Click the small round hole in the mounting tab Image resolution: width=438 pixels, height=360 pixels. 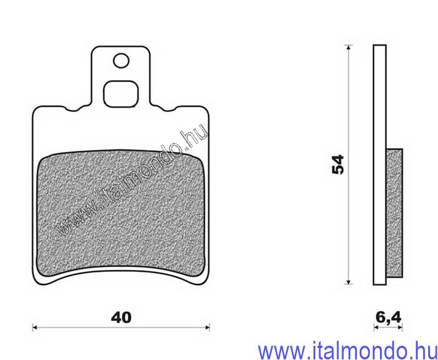(121, 61)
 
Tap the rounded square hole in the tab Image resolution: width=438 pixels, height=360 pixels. (121, 94)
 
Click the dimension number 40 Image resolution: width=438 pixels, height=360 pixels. (121, 317)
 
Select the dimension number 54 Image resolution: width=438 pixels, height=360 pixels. (338, 164)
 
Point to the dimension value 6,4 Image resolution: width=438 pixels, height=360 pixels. (388, 317)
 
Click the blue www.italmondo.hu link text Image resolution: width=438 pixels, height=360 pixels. (347, 350)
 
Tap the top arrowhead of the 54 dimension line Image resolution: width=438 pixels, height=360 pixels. (348, 48)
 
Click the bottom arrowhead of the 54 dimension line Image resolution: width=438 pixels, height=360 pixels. (348, 282)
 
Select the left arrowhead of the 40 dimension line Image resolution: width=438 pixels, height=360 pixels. (34, 327)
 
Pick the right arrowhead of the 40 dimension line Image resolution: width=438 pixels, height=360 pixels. (208, 327)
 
